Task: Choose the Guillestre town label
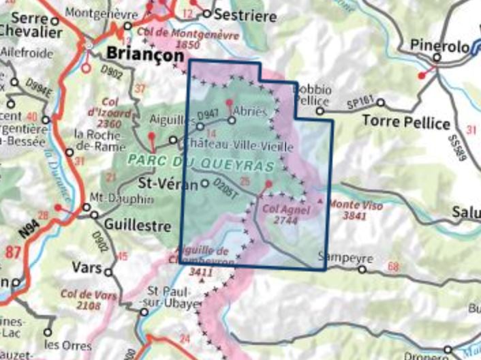[132, 222]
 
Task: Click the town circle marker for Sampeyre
[362, 269]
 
